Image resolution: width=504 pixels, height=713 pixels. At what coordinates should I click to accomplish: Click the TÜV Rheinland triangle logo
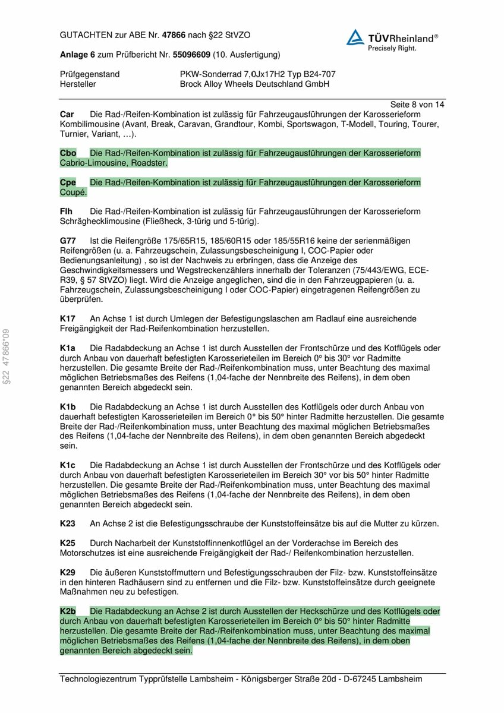point(355,37)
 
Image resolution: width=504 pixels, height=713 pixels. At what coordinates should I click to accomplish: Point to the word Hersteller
point(78,84)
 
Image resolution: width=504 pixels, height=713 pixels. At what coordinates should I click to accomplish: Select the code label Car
point(67,113)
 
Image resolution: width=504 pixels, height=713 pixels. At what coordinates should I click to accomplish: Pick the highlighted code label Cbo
point(68,153)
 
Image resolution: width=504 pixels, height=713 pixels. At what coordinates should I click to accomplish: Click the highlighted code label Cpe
point(68,182)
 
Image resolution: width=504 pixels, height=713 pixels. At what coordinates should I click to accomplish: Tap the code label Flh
point(67,212)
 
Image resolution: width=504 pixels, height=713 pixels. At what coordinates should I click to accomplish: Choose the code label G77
point(68,241)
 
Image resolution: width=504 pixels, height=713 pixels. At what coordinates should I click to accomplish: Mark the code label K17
point(68,318)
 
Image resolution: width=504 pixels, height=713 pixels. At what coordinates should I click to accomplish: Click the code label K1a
point(68,348)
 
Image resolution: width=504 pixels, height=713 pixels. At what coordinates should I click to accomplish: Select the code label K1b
point(68,406)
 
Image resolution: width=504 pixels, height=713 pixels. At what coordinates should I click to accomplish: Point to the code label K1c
point(68,465)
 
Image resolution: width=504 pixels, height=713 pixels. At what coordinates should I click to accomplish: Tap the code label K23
point(68,523)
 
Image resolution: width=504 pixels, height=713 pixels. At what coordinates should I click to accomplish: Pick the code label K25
point(68,543)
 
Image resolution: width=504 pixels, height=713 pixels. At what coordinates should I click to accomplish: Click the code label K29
point(68,572)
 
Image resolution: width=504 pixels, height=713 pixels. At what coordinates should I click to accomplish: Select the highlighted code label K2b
point(68,611)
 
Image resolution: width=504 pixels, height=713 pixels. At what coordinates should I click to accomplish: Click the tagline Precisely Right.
point(392,48)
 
